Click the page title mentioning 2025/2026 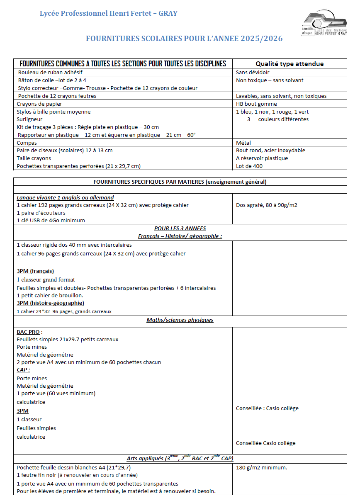(x=184, y=39)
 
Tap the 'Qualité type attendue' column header (x=289, y=63)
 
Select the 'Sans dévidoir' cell (x=253, y=72)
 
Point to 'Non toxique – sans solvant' (x=270, y=80)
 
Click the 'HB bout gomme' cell (x=256, y=104)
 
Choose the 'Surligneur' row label (x=29, y=119)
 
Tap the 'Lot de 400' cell (x=249, y=166)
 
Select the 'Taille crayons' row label (x=34, y=158)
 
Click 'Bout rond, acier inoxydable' (x=270, y=150)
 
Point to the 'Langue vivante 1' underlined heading (x=65, y=197)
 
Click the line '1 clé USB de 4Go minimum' (x=51, y=220)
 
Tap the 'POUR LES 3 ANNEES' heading (x=180, y=228)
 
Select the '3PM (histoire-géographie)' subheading (x=51, y=303)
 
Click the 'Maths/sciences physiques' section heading (x=180, y=320)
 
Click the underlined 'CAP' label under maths (x=23, y=369)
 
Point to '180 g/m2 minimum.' (x=261, y=468)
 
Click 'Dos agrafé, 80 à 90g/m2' (x=267, y=204)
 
